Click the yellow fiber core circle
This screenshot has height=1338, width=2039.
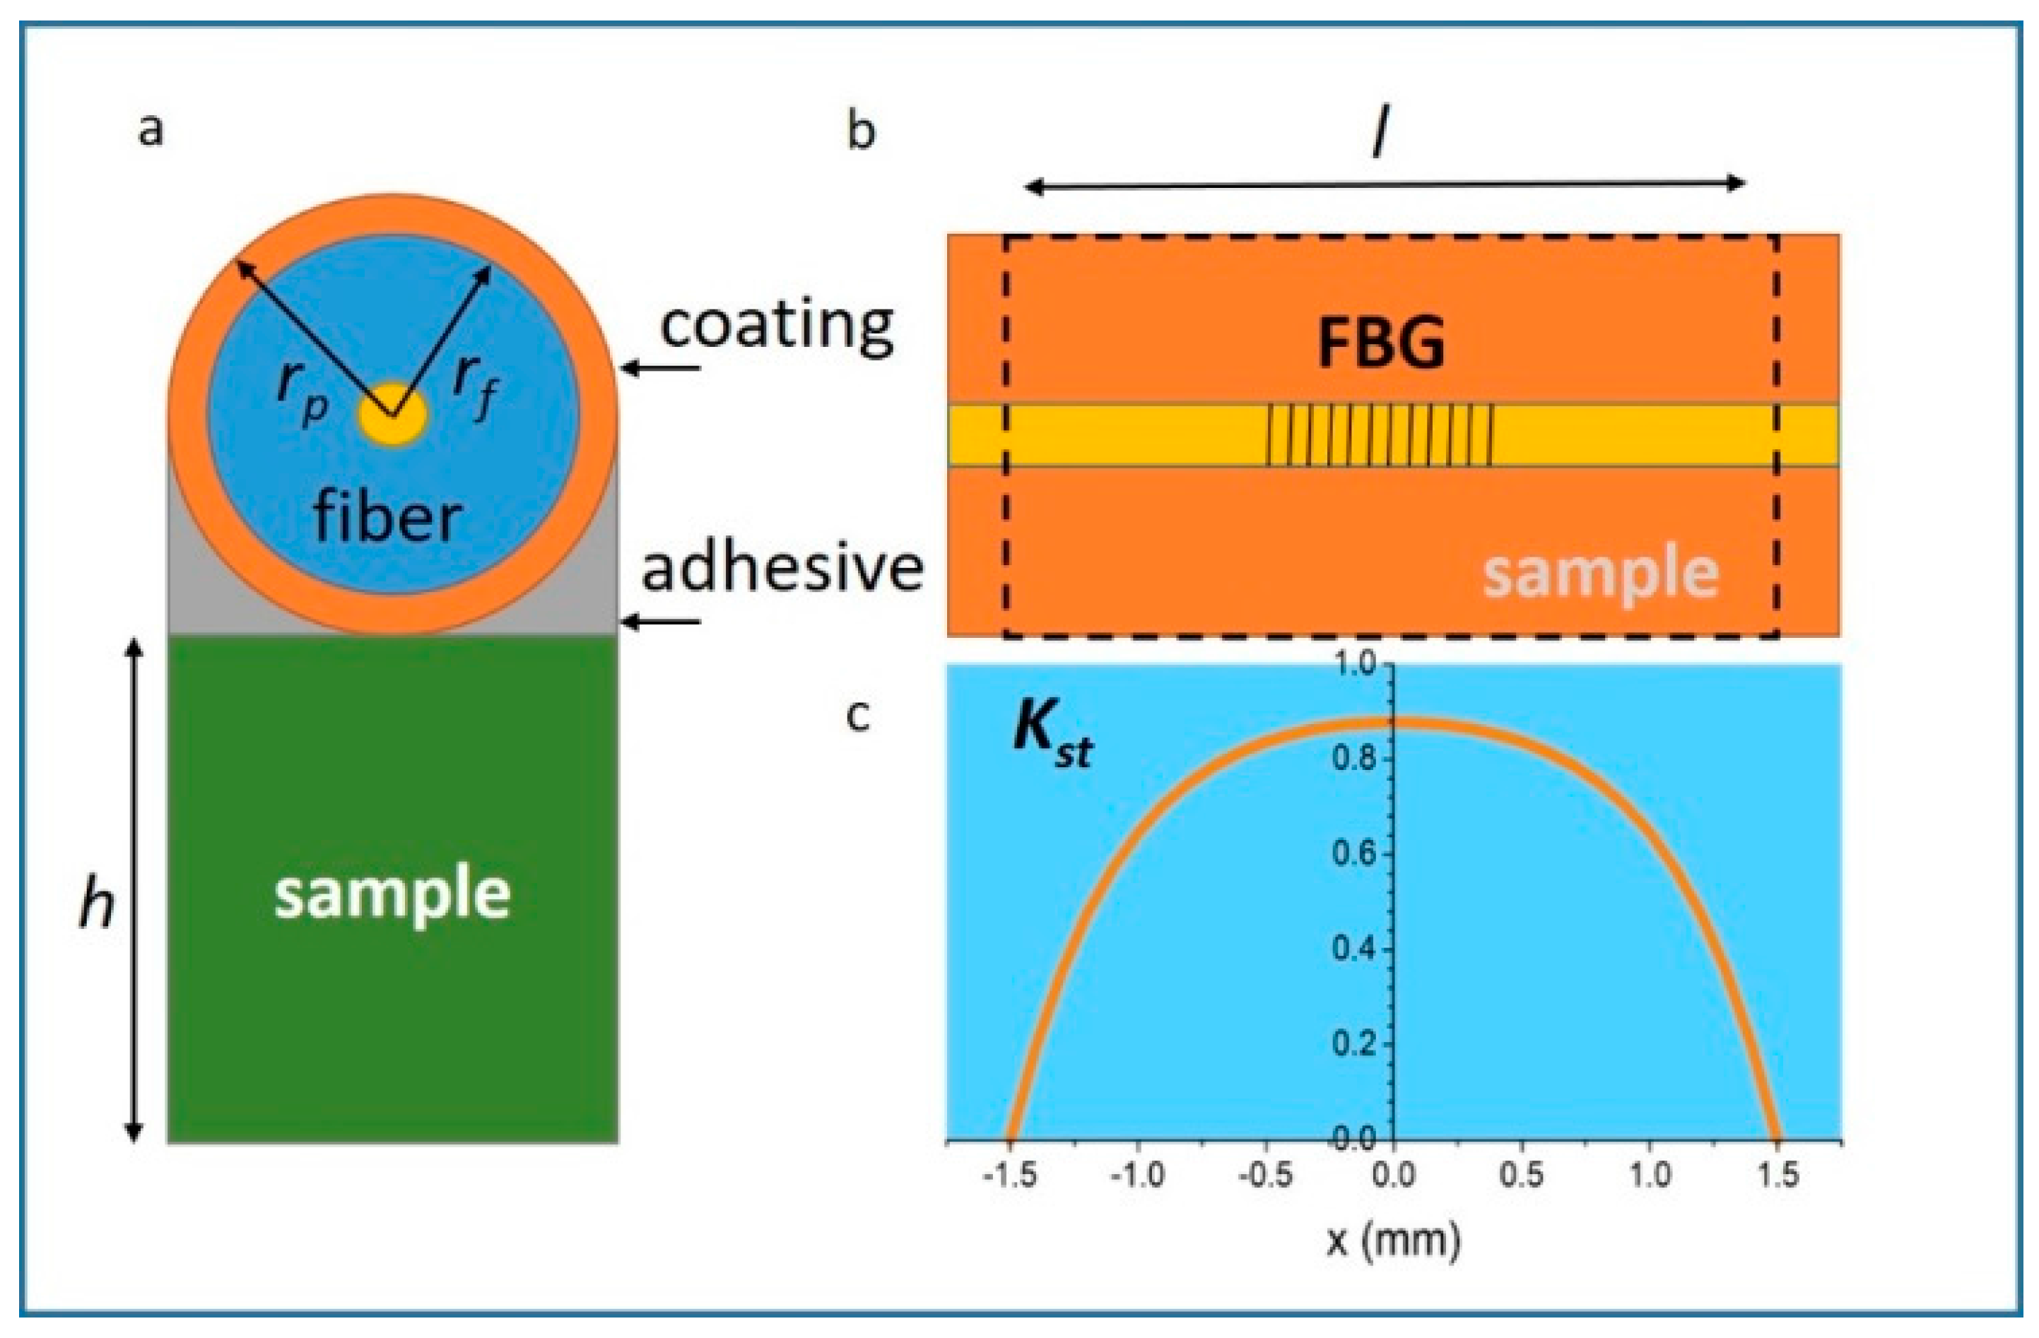tap(392, 415)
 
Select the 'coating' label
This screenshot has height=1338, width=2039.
tap(777, 326)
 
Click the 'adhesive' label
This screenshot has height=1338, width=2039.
tap(782, 567)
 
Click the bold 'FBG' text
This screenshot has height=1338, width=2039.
tap(1380, 343)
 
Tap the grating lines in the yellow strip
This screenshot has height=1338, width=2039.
tap(1380, 435)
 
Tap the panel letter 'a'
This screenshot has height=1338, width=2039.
tap(151, 130)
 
